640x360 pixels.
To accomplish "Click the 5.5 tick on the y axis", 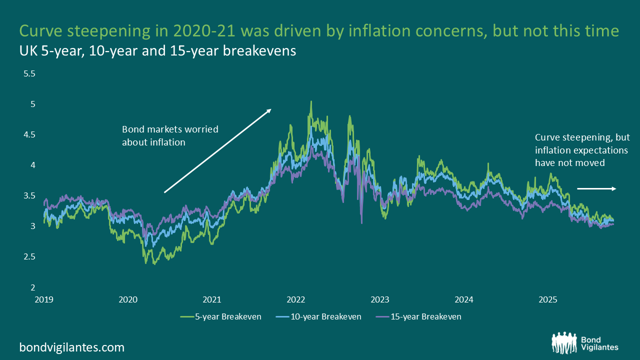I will coord(30,73).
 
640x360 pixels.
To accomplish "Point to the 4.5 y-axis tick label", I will coord(30,134).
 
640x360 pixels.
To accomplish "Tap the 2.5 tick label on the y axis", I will coord(30,256).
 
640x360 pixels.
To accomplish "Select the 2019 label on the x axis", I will coord(44,300).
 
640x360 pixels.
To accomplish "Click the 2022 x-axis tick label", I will coord(296,300).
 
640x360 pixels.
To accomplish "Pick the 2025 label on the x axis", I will coord(548,300).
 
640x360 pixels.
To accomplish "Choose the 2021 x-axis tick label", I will coord(212,300).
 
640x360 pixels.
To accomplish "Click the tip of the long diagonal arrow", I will coord(270,109).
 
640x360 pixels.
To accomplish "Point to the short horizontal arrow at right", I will coord(597,188).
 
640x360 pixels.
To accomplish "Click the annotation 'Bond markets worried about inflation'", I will coord(170,135).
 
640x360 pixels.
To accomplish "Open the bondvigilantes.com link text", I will coord(71,347).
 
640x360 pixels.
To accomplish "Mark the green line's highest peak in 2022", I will coord(311,101).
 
